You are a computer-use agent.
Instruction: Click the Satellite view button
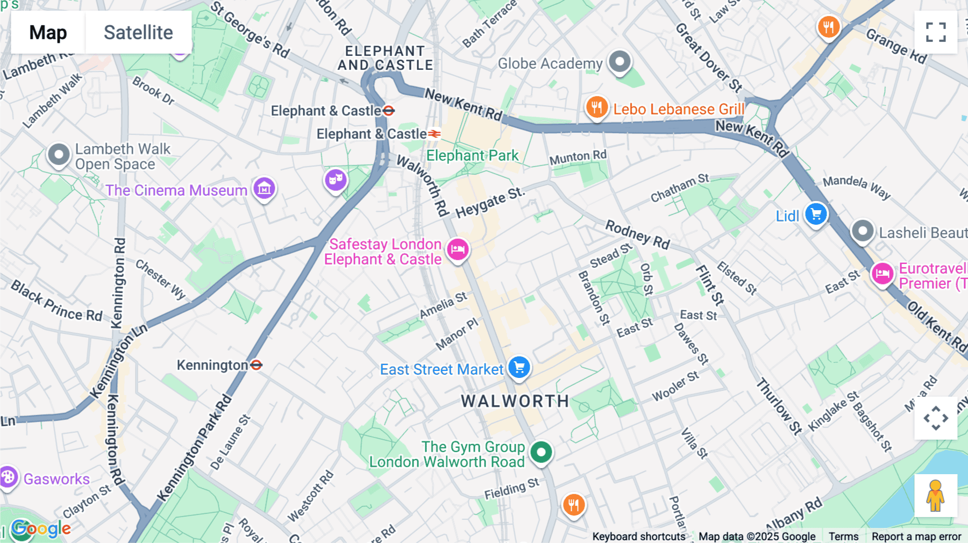[x=138, y=32]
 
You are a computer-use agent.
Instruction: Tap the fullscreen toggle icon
[x=936, y=32]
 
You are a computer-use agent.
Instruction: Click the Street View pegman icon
[x=935, y=495]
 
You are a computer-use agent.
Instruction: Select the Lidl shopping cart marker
[x=816, y=215]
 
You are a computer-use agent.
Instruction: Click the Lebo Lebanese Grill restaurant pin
[x=596, y=108]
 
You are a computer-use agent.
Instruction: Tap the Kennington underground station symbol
[x=257, y=365]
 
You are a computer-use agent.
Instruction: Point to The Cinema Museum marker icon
[x=264, y=189]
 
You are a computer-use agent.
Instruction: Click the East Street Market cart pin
[x=519, y=368]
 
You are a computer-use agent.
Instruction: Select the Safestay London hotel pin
[x=458, y=249]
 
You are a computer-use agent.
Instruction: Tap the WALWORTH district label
[x=515, y=401]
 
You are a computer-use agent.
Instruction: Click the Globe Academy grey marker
[x=620, y=62]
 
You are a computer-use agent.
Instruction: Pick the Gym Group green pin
[x=541, y=452]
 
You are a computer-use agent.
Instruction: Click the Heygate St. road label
[x=489, y=203]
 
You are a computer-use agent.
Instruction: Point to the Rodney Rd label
[x=637, y=234]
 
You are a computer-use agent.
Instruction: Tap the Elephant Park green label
[x=472, y=155]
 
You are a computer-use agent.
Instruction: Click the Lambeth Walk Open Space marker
[x=59, y=155]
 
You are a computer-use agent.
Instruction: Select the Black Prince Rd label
[x=56, y=301]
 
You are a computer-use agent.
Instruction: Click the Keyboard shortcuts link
[x=638, y=536]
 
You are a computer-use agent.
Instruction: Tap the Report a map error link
[x=916, y=536]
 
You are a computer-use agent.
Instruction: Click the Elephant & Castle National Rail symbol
[x=435, y=133]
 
